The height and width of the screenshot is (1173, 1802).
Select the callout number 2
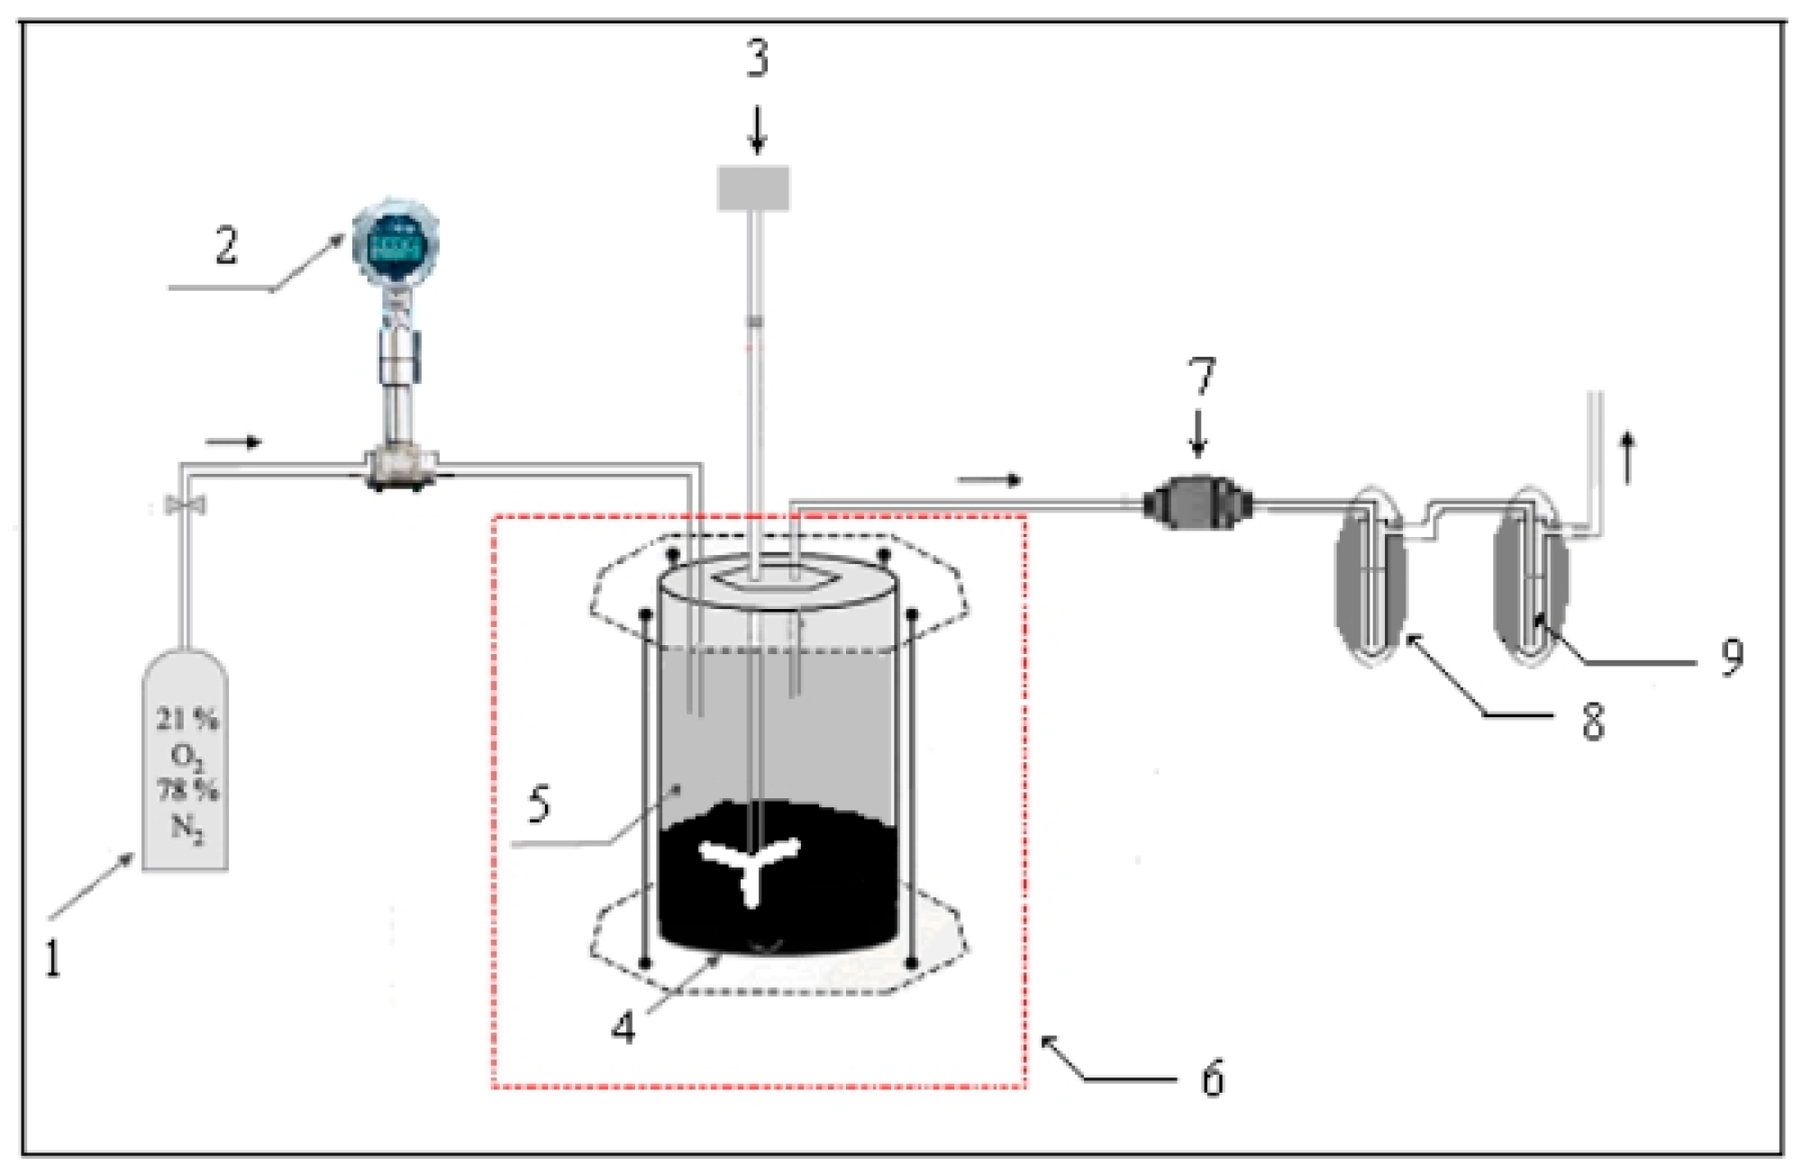(226, 245)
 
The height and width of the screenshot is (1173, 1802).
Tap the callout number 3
(757, 59)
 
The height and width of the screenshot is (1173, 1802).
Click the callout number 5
(539, 803)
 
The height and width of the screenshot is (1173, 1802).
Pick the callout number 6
(1213, 1078)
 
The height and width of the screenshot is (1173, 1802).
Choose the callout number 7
(1202, 377)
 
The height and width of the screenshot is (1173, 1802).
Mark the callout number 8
(1593, 722)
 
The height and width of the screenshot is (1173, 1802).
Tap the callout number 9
(1731, 657)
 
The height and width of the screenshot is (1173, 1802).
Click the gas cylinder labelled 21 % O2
(186, 766)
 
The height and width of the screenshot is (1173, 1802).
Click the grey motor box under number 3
(753, 188)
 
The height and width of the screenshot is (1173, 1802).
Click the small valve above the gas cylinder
(186, 505)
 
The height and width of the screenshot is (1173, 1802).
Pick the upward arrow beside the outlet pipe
(1627, 458)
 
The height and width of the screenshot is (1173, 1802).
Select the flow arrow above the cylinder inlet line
(233, 441)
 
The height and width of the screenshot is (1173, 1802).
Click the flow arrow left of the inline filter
(989, 480)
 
